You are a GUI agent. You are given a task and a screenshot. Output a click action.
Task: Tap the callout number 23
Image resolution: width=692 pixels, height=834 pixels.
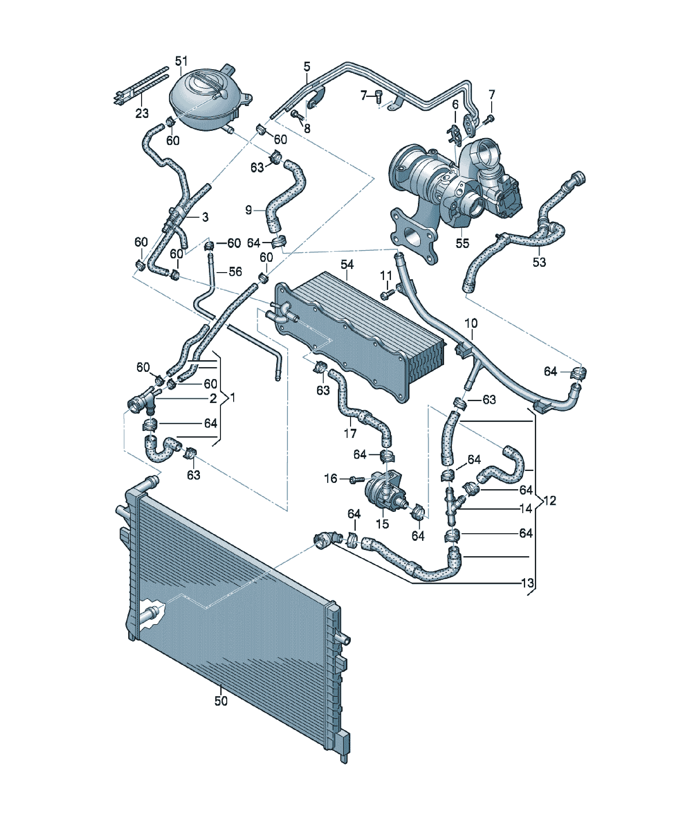(142, 114)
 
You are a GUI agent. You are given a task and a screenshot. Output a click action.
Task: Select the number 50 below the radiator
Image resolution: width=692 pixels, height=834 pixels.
(221, 701)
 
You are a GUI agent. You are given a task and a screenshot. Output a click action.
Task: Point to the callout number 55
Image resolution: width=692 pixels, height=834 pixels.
(462, 243)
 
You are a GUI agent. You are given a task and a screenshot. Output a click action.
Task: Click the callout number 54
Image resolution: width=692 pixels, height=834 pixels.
(347, 265)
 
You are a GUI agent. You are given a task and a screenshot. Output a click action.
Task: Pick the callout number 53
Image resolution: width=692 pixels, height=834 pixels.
(539, 262)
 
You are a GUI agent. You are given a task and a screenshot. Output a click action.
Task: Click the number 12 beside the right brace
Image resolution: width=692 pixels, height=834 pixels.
(550, 501)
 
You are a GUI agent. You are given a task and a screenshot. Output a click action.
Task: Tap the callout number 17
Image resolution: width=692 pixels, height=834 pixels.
(350, 433)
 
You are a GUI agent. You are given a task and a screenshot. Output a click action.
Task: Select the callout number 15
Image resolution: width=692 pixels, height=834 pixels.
(382, 524)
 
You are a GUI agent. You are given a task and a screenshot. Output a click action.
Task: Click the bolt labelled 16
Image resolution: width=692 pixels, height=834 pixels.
(357, 480)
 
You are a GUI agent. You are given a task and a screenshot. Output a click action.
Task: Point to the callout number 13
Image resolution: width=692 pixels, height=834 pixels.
(527, 583)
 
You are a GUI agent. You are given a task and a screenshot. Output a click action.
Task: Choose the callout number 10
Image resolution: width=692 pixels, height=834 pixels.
(471, 323)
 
